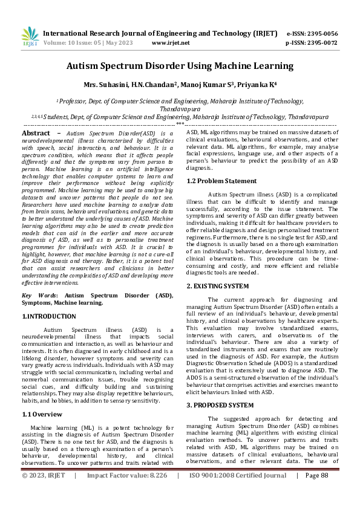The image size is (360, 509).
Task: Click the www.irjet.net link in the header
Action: point(171,44)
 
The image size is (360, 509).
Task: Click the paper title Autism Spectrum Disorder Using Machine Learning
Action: point(180,66)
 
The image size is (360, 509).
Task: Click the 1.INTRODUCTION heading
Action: point(49,316)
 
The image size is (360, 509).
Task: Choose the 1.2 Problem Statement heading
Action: point(221,181)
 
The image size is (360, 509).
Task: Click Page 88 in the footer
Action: point(316,493)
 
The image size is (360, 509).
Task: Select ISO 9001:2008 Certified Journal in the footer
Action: point(238,493)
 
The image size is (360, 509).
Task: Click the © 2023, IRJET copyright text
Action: point(43,493)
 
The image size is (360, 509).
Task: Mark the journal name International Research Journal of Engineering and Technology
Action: point(160,33)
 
